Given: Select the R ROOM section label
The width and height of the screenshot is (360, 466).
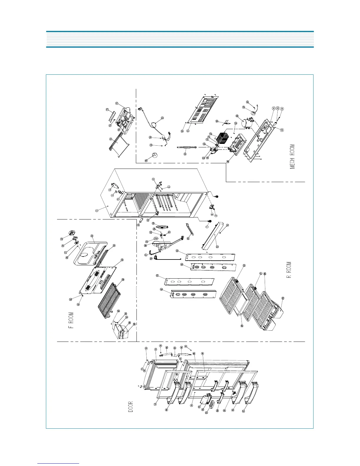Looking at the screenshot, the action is pyautogui.click(x=289, y=270).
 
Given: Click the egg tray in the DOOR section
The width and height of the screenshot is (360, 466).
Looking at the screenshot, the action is pyautogui.click(x=212, y=406).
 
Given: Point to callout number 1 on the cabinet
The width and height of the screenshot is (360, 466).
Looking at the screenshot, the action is pyautogui.click(x=96, y=211).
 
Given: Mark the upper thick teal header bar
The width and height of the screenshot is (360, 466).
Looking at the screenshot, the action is pyautogui.click(x=180, y=31).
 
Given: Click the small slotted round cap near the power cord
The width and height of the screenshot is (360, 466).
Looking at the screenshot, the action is pyautogui.click(x=155, y=155).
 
